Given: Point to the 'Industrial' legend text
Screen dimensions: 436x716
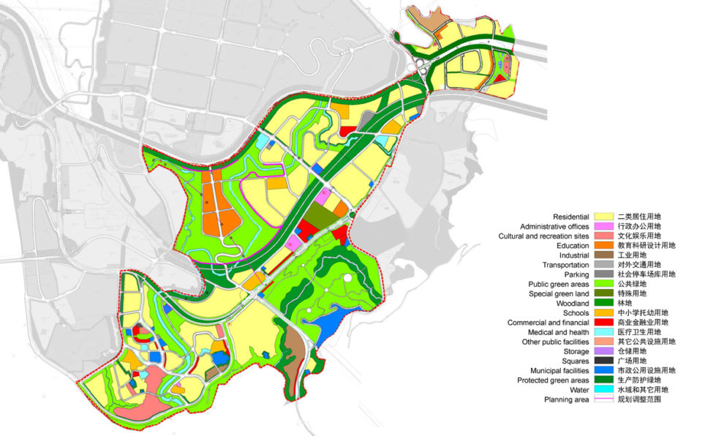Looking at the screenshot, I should tap(574, 255).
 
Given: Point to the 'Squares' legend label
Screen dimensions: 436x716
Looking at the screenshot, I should tap(575, 361).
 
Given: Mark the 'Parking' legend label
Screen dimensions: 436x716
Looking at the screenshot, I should tap(576, 274).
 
